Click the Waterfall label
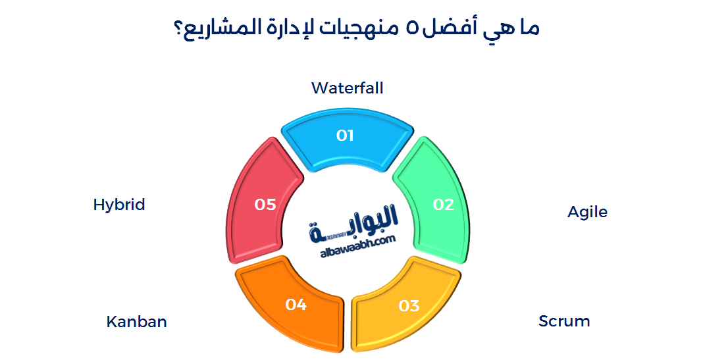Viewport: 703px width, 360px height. [347, 88]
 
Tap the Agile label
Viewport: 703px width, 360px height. [587, 212]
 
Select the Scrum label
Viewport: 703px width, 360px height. [564, 321]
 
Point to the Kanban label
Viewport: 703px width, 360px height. [136, 322]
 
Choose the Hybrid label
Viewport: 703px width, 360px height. [119, 204]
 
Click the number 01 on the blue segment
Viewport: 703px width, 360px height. [345, 136]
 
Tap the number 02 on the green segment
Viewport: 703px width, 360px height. [444, 205]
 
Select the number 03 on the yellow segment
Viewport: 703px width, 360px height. [409, 305]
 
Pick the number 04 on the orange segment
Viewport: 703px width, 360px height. [296, 305]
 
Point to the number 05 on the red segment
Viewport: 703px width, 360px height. [265, 205]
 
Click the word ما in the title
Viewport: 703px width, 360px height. [526, 29]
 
